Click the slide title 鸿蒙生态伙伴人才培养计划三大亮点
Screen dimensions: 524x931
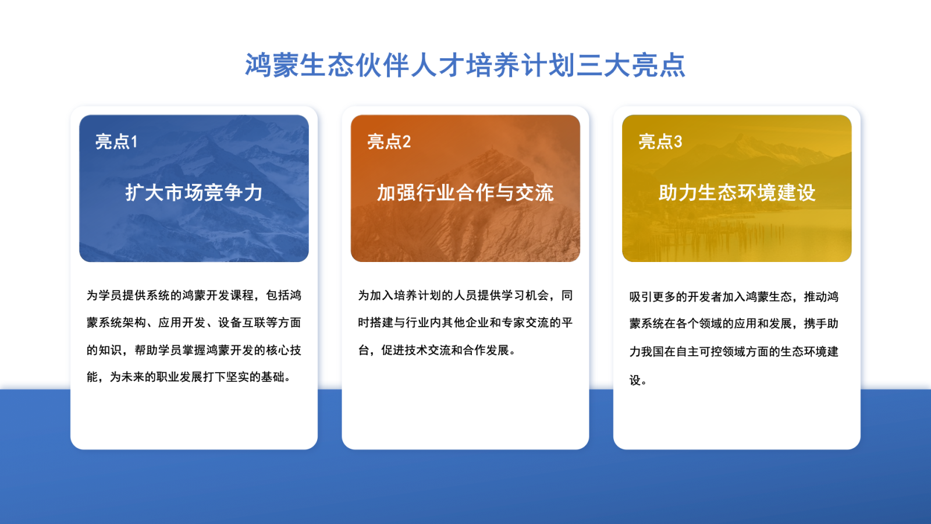point(465,65)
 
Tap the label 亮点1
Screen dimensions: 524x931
point(116,141)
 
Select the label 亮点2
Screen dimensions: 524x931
point(389,141)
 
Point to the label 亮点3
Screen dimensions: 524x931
point(660,141)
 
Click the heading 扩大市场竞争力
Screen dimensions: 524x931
point(194,193)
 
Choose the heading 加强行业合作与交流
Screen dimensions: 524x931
point(465,193)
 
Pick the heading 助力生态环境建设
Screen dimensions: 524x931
point(737,193)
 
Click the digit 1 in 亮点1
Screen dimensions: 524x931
point(134,141)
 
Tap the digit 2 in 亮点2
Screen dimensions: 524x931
point(406,141)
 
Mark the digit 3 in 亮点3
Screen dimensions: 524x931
point(678,141)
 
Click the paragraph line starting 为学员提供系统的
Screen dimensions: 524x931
point(194,296)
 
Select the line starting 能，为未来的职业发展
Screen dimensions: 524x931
point(189,377)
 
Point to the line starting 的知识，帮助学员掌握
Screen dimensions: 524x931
point(194,350)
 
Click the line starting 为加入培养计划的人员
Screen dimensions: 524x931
point(465,296)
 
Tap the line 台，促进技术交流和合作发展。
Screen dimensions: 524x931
point(437,350)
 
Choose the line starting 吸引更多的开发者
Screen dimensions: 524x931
point(734,297)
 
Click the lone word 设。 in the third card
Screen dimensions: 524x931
point(638,381)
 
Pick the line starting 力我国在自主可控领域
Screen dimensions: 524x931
point(734,352)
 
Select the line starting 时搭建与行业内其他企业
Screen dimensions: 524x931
point(465,323)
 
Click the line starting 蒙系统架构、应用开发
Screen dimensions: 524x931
point(194,323)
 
